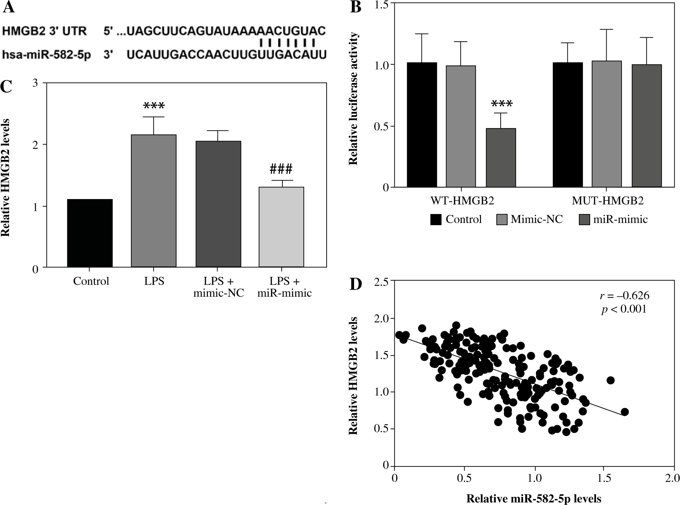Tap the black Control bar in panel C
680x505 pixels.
click(x=90, y=233)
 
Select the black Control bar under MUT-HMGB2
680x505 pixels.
click(x=568, y=125)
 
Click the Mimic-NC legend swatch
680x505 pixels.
click(x=502, y=219)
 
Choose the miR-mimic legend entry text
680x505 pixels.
click(x=620, y=219)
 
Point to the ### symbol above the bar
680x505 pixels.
click(x=281, y=168)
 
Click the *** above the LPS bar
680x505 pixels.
click(x=154, y=106)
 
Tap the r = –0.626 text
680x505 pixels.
click(x=624, y=296)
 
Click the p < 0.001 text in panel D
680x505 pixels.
click(x=624, y=309)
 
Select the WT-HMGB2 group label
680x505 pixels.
click(x=462, y=201)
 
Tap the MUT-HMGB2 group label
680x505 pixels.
click(x=608, y=201)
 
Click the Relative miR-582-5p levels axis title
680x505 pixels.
click(x=534, y=499)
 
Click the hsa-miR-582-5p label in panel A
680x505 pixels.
click(x=46, y=55)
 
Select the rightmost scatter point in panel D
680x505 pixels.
click(x=624, y=412)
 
